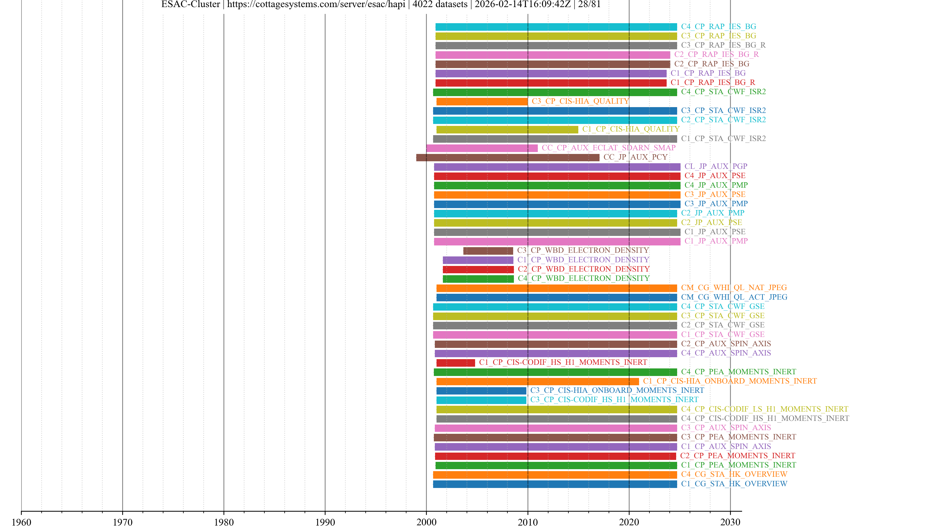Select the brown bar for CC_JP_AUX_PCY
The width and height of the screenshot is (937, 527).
click(x=508, y=157)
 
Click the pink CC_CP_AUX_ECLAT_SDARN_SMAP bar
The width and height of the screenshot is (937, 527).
click(x=482, y=148)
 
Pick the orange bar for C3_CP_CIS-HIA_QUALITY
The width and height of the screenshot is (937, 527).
click(x=482, y=101)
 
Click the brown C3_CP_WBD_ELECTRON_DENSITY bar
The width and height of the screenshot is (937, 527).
click(x=488, y=251)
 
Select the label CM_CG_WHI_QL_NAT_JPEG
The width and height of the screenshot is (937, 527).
click(x=734, y=288)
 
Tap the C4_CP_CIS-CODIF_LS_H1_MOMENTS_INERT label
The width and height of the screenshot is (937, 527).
click(x=764, y=409)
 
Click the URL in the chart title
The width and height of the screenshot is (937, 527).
click(x=316, y=4)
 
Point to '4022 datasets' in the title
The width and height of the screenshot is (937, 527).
click(x=440, y=4)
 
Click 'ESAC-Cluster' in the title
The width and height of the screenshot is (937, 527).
click(x=191, y=4)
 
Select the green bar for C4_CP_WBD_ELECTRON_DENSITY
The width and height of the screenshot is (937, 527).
click(x=478, y=279)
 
